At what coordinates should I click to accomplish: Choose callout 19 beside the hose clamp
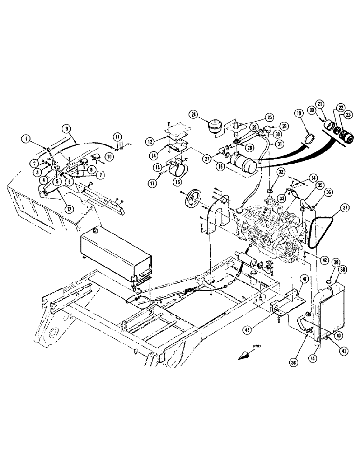(298, 113)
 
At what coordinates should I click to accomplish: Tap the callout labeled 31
(280, 144)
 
